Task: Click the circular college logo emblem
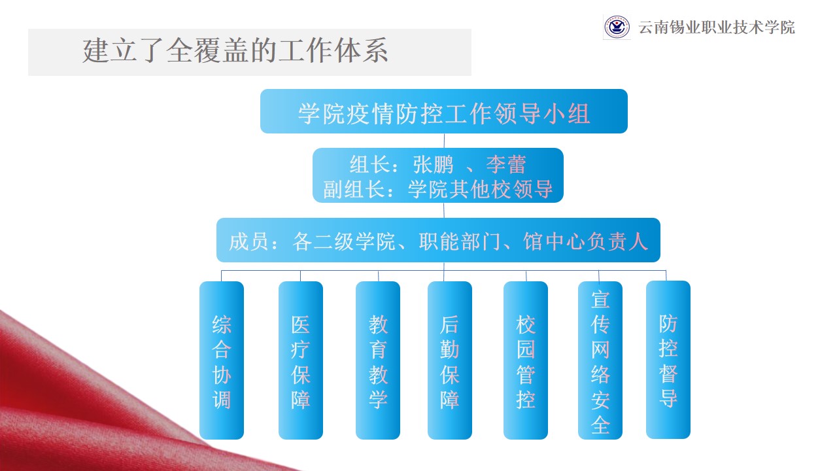(x=617, y=27)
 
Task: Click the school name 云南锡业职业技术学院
(x=716, y=27)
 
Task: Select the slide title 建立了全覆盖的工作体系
(x=235, y=50)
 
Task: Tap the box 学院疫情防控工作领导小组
(x=444, y=111)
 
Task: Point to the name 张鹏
(x=433, y=164)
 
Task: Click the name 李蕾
(x=506, y=164)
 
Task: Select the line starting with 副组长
(x=438, y=189)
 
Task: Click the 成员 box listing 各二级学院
(x=438, y=240)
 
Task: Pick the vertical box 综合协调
(x=222, y=360)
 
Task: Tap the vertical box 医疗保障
(x=300, y=360)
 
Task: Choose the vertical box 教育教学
(x=378, y=360)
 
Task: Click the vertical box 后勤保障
(x=449, y=360)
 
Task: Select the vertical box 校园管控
(x=525, y=360)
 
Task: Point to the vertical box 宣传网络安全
(x=600, y=360)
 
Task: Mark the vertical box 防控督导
(x=668, y=360)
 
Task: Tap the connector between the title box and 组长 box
(x=444, y=141)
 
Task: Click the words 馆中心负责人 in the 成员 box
(x=585, y=241)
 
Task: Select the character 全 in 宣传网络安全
(x=600, y=425)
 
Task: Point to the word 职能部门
(x=460, y=241)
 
